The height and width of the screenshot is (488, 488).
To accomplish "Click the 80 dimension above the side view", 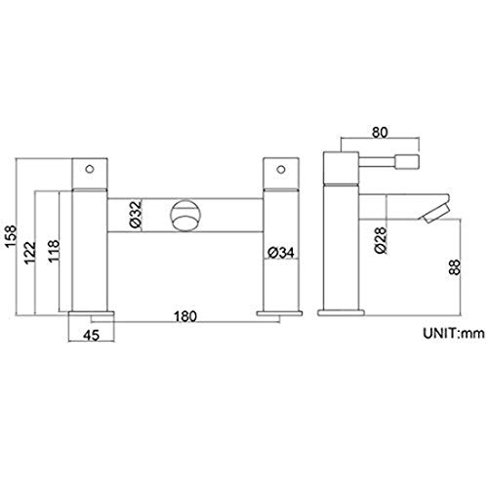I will pyautogui.click(x=382, y=128).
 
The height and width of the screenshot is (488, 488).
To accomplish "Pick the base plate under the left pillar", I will pyautogui.click(x=95, y=314).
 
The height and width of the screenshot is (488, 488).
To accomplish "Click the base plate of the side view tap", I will pyautogui.click(x=342, y=311).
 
